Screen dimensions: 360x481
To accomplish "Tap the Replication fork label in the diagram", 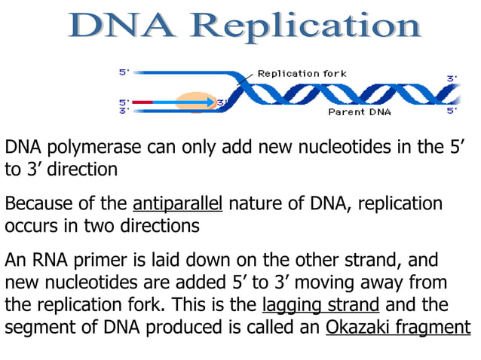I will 302,73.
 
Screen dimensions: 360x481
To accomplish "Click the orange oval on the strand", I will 195,102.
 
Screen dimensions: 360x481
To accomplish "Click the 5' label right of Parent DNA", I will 452,111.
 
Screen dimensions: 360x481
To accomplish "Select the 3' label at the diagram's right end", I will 452,78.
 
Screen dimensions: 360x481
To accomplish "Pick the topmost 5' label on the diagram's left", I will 124,72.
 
